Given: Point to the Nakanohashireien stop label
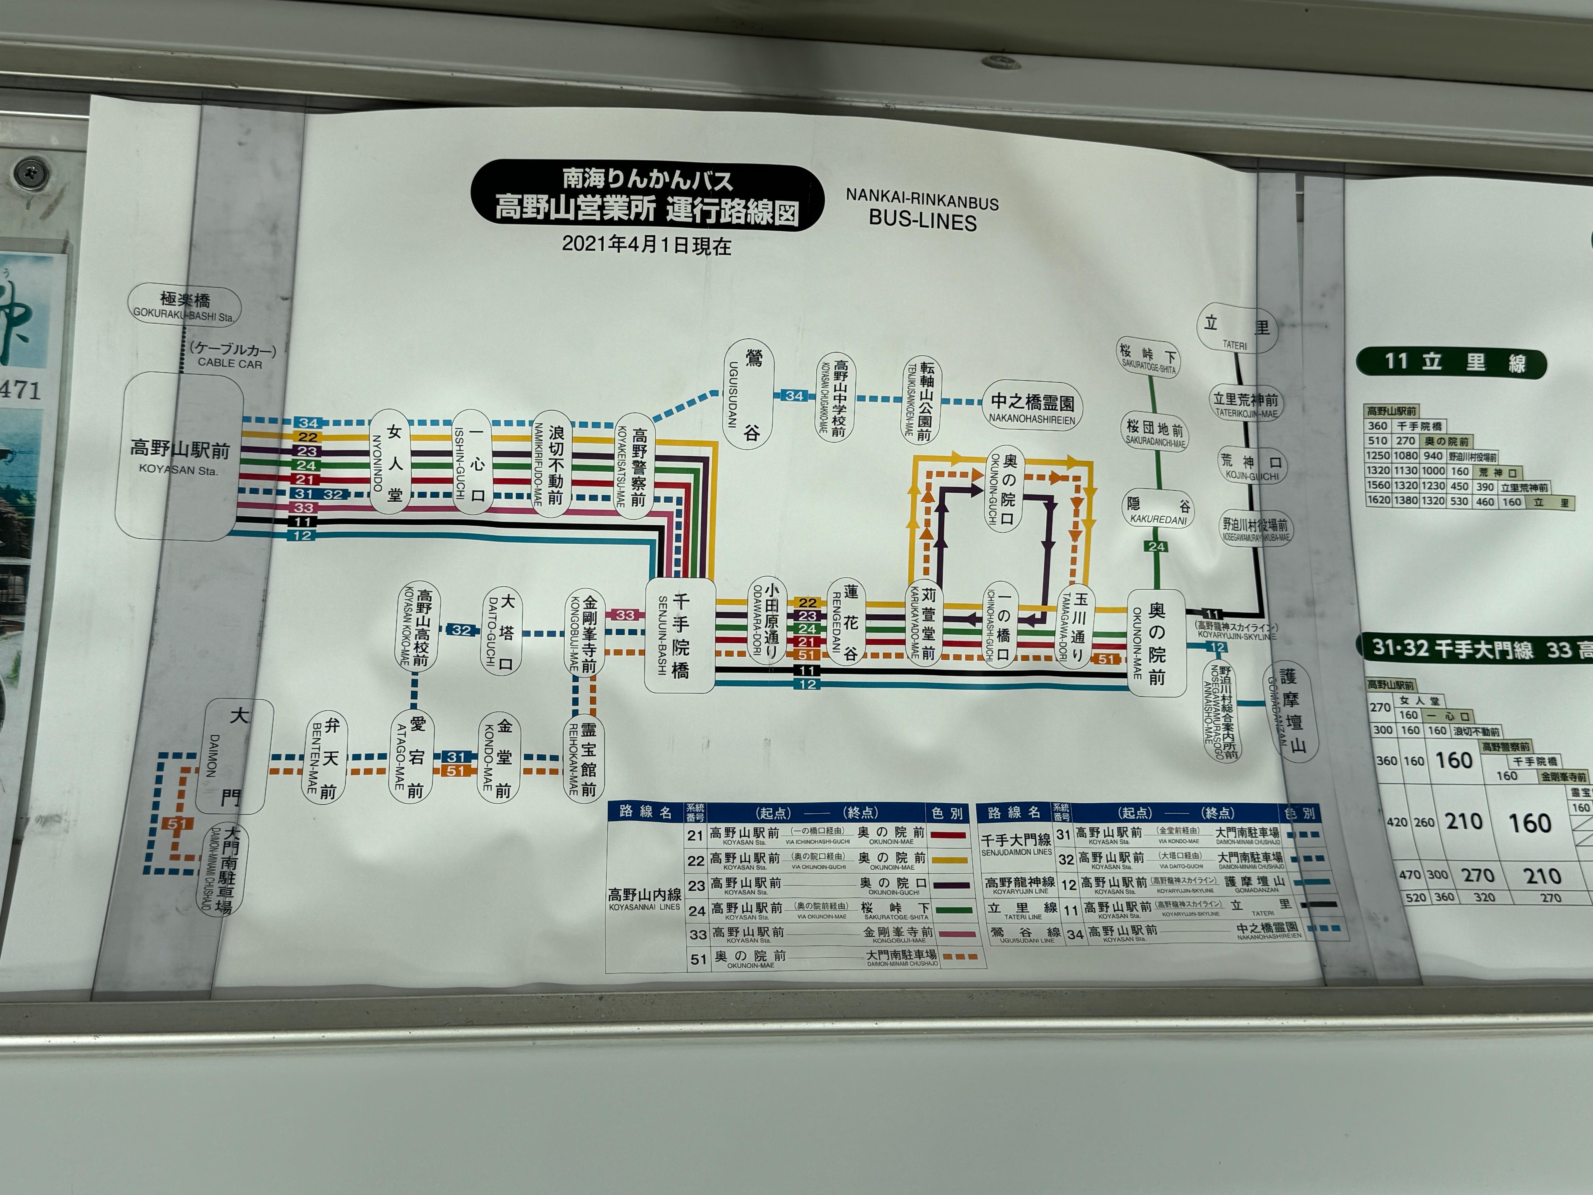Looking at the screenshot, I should (1032, 407).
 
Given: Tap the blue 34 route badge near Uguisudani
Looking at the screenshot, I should (794, 396).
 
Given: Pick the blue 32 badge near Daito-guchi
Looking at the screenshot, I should (461, 630).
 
